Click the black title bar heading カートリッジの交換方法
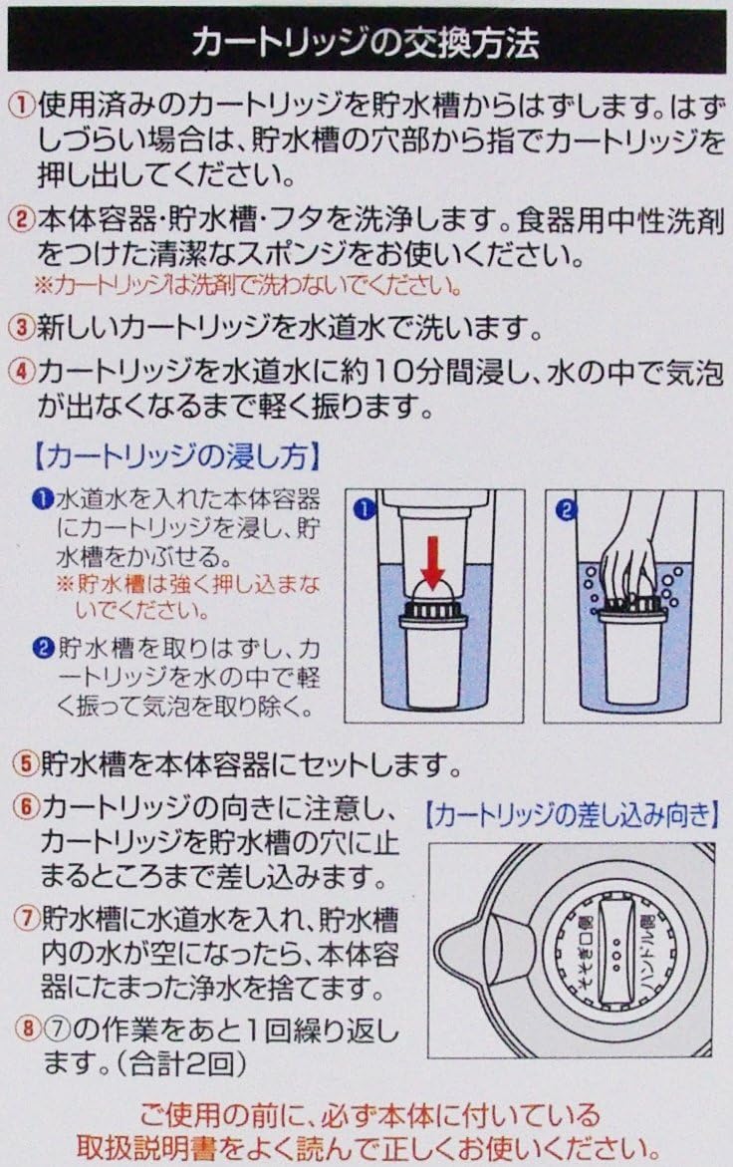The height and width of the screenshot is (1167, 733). (x=366, y=42)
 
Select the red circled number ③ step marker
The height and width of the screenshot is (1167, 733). (x=23, y=328)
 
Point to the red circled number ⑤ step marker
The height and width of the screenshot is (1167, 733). (x=26, y=763)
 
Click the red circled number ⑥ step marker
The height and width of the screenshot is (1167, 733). (x=27, y=807)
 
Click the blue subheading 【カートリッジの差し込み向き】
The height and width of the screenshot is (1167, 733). (x=573, y=816)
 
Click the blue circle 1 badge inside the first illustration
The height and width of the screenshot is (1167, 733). (x=365, y=510)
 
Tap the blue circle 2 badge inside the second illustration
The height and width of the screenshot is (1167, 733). (x=567, y=510)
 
